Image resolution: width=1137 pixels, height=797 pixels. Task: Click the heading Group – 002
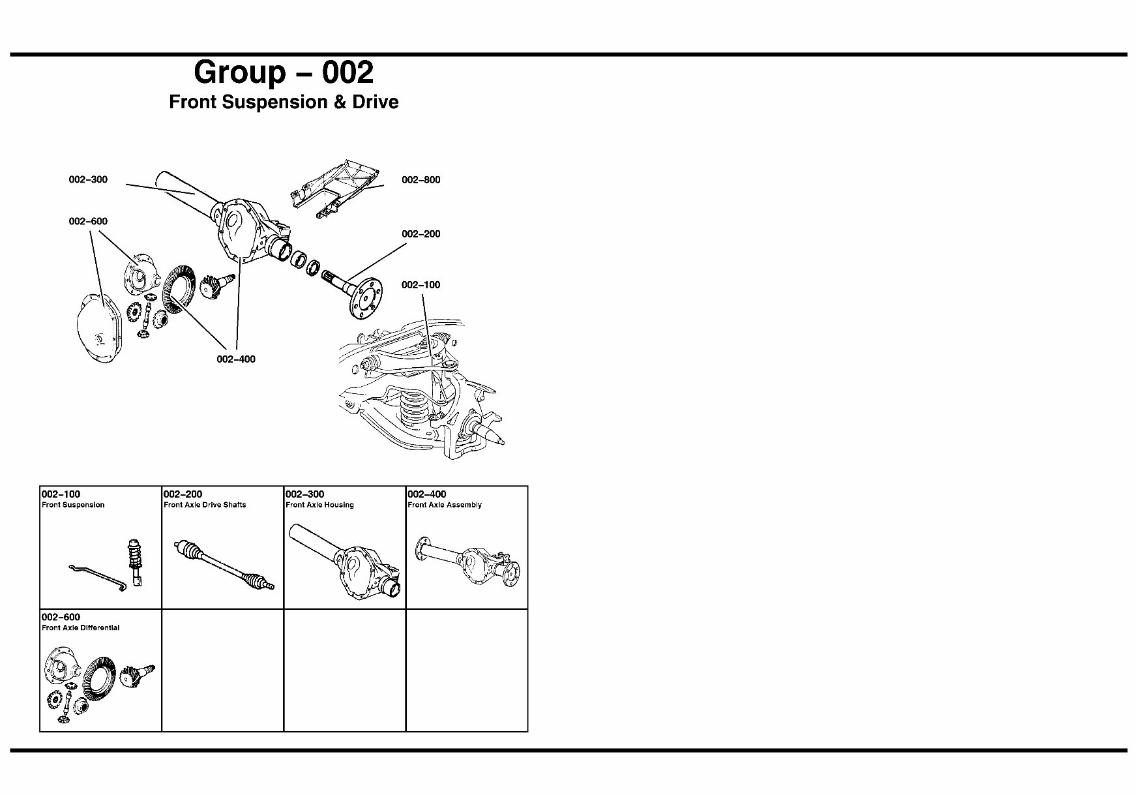(x=284, y=72)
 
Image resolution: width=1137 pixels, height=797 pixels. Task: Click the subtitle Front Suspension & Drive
(x=284, y=102)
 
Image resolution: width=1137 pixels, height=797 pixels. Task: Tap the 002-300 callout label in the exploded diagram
(x=88, y=180)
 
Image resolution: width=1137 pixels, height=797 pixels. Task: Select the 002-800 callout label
(x=421, y=180)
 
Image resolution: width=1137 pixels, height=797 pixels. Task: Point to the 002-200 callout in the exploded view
(x=421, y=234)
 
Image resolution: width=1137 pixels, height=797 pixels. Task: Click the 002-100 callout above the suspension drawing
(x=421, y=285)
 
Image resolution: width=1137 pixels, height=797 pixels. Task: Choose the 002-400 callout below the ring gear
(x=236, y=359)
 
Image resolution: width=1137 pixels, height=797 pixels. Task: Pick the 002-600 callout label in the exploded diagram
(x=88, y=222)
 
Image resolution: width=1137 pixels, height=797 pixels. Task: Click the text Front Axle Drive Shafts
(x=205, y=505)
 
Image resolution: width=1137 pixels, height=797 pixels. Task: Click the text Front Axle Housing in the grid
(x=319, y=505)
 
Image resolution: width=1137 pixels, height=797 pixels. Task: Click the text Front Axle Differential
(x=80, y=628)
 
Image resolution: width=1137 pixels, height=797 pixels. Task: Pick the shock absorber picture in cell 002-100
(x=135, y=561)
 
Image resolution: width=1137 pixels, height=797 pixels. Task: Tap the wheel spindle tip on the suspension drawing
(x=500, y=442)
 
